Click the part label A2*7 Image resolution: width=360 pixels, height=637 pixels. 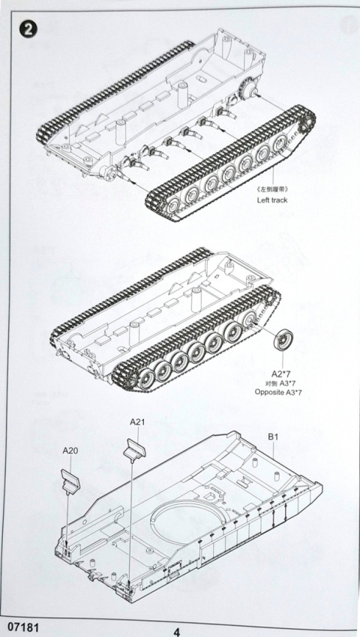click(282, 373)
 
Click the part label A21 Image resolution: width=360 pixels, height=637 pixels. click(136, 422)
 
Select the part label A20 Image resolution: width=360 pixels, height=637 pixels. click(70, 451)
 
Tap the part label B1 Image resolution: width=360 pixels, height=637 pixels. click(274, 433)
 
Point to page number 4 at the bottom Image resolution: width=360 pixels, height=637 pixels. click(176, 631)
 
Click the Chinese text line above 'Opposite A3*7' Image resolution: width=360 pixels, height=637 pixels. click(282, 383)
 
